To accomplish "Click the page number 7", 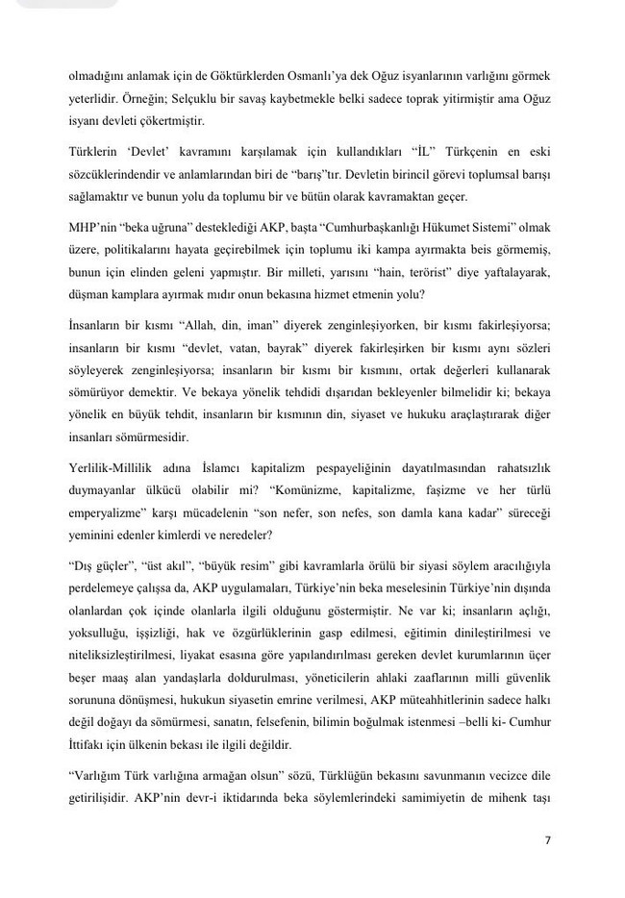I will pos(547,840).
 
